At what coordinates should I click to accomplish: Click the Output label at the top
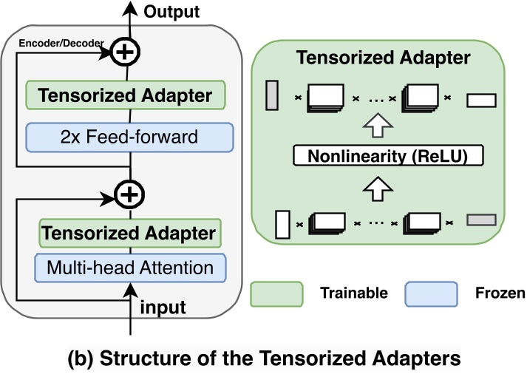171,11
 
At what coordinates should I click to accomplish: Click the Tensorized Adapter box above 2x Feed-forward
124,95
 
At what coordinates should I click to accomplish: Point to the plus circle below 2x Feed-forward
129,194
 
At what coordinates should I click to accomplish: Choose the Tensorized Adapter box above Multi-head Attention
129,234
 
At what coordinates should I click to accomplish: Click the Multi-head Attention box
129,266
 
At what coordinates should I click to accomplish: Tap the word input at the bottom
163,305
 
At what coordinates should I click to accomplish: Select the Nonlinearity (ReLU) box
379,156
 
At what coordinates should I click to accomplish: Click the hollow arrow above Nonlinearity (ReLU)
378,126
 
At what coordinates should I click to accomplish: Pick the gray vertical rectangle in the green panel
271,95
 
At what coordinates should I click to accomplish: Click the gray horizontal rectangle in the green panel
482,220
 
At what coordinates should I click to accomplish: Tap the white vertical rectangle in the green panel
281,224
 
